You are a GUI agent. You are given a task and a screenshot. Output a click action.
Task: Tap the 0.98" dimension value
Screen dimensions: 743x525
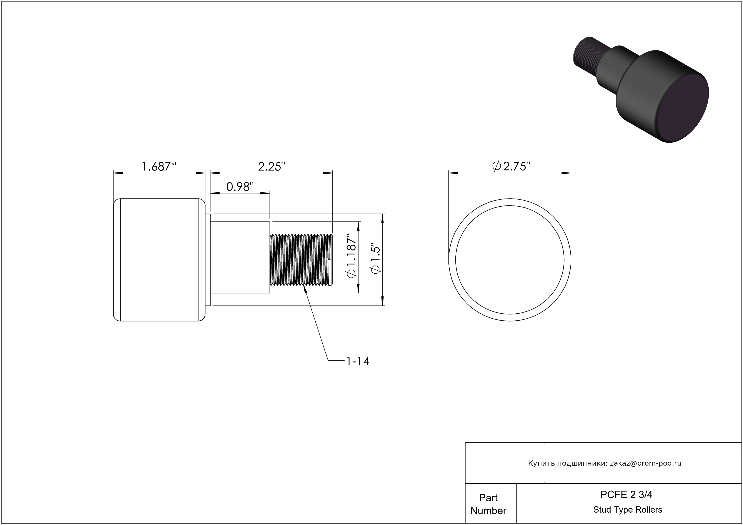[x=240, y=187]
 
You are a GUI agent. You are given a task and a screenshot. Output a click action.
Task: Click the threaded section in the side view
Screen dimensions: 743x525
[x=301, y=260]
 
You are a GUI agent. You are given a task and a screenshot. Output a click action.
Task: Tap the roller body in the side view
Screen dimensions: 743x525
[x=159, y=260]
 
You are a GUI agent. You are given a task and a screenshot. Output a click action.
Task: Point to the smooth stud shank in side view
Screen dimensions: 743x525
[x=240, y=257]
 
